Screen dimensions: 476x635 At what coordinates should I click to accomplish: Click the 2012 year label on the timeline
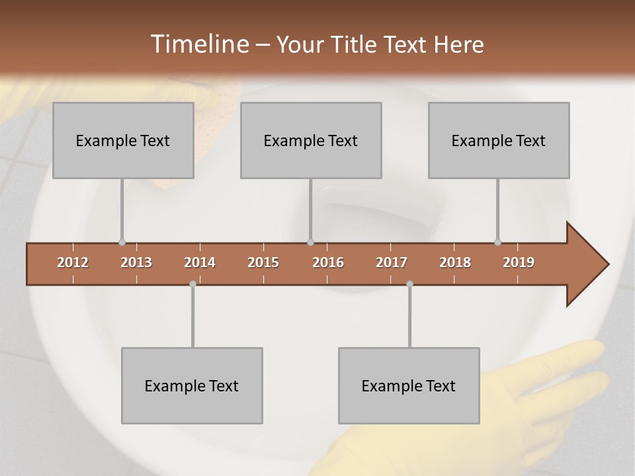(x=73, y=262)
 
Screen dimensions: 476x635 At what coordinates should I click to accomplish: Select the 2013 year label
(x=136, y=262)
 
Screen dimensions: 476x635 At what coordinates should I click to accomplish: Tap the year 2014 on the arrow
(x=200, y=262)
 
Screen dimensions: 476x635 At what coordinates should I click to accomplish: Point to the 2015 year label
(x=263, y=262)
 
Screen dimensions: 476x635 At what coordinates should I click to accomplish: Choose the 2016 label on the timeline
(x=328, y=262)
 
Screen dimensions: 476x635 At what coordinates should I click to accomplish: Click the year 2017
(x=392, y=262)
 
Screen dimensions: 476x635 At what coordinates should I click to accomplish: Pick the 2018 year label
(x=455, y=262)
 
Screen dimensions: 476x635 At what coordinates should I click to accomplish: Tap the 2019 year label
(x=519, y=262)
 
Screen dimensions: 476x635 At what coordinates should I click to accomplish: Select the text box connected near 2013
(x=123, y=140)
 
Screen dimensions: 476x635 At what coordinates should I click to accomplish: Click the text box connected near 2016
(x=311, y=140)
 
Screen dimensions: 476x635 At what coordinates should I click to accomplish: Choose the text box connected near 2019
(x=499, y=140)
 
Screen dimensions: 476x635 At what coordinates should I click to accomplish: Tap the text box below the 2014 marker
(x=192, y=385)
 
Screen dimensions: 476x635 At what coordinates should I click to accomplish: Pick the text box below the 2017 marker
(x=409, y=385)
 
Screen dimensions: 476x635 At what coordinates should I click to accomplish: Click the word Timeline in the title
(x=198, y=44)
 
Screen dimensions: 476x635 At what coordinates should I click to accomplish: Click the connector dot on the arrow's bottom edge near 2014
(x=192, y=284)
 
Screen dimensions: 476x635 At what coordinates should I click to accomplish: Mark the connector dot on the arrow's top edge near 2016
(x=311, y=242)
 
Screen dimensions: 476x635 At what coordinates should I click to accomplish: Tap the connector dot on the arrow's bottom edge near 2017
(x=409, y=284)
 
